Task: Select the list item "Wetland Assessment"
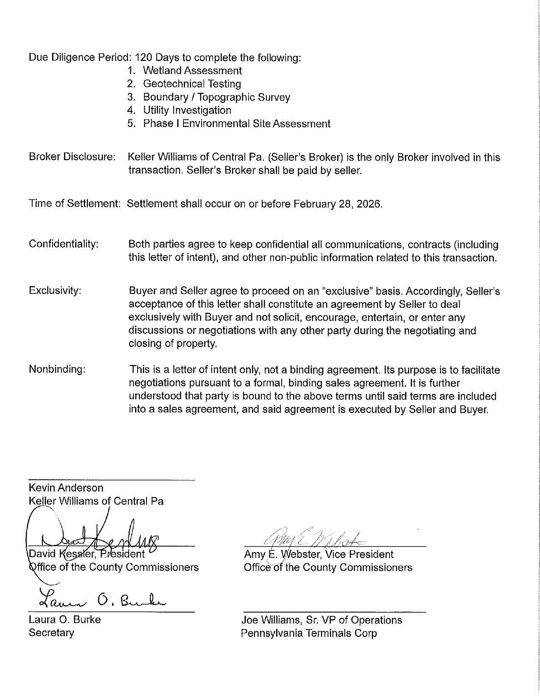click(192, 71)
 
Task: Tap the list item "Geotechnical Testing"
click(192, 84)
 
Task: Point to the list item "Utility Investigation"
click(187, 110)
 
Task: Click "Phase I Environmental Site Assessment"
click(236, 124)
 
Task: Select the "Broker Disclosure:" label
click(72, 157)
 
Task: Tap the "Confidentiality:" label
click(64, 244)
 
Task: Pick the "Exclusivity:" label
click(55, 291)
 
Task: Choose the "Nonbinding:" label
click(57, 369)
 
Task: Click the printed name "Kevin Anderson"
click(66, 488)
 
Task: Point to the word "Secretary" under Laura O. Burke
click(51, 633)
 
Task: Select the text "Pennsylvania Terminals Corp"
click(309, 633)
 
